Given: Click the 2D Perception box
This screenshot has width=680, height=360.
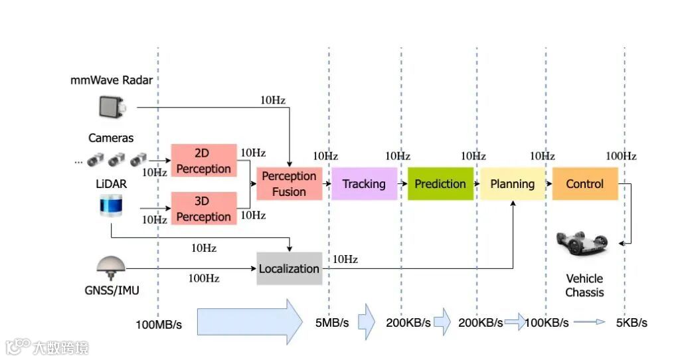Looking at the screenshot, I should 204,160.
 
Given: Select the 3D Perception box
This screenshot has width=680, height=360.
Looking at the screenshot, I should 204,209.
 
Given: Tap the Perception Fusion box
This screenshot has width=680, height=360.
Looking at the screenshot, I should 289,184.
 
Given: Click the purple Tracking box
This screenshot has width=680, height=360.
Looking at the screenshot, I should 364,184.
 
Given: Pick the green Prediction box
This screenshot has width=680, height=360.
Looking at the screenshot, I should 440,184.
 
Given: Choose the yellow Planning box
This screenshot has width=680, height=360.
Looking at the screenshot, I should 513,184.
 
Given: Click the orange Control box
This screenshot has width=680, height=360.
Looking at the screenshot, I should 585,184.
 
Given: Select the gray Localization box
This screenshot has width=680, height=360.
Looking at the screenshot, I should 289,268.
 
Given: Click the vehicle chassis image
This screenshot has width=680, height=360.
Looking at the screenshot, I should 584,244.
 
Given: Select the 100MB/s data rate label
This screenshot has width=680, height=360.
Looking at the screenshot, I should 159,324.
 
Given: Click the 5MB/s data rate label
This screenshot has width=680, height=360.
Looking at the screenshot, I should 332,323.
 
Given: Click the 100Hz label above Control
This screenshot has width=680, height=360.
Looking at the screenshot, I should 621,156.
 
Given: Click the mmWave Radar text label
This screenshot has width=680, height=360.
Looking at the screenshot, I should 112,80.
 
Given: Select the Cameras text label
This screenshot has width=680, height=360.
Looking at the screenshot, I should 111,138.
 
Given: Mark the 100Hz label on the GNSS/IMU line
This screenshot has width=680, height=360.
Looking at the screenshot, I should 205,278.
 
